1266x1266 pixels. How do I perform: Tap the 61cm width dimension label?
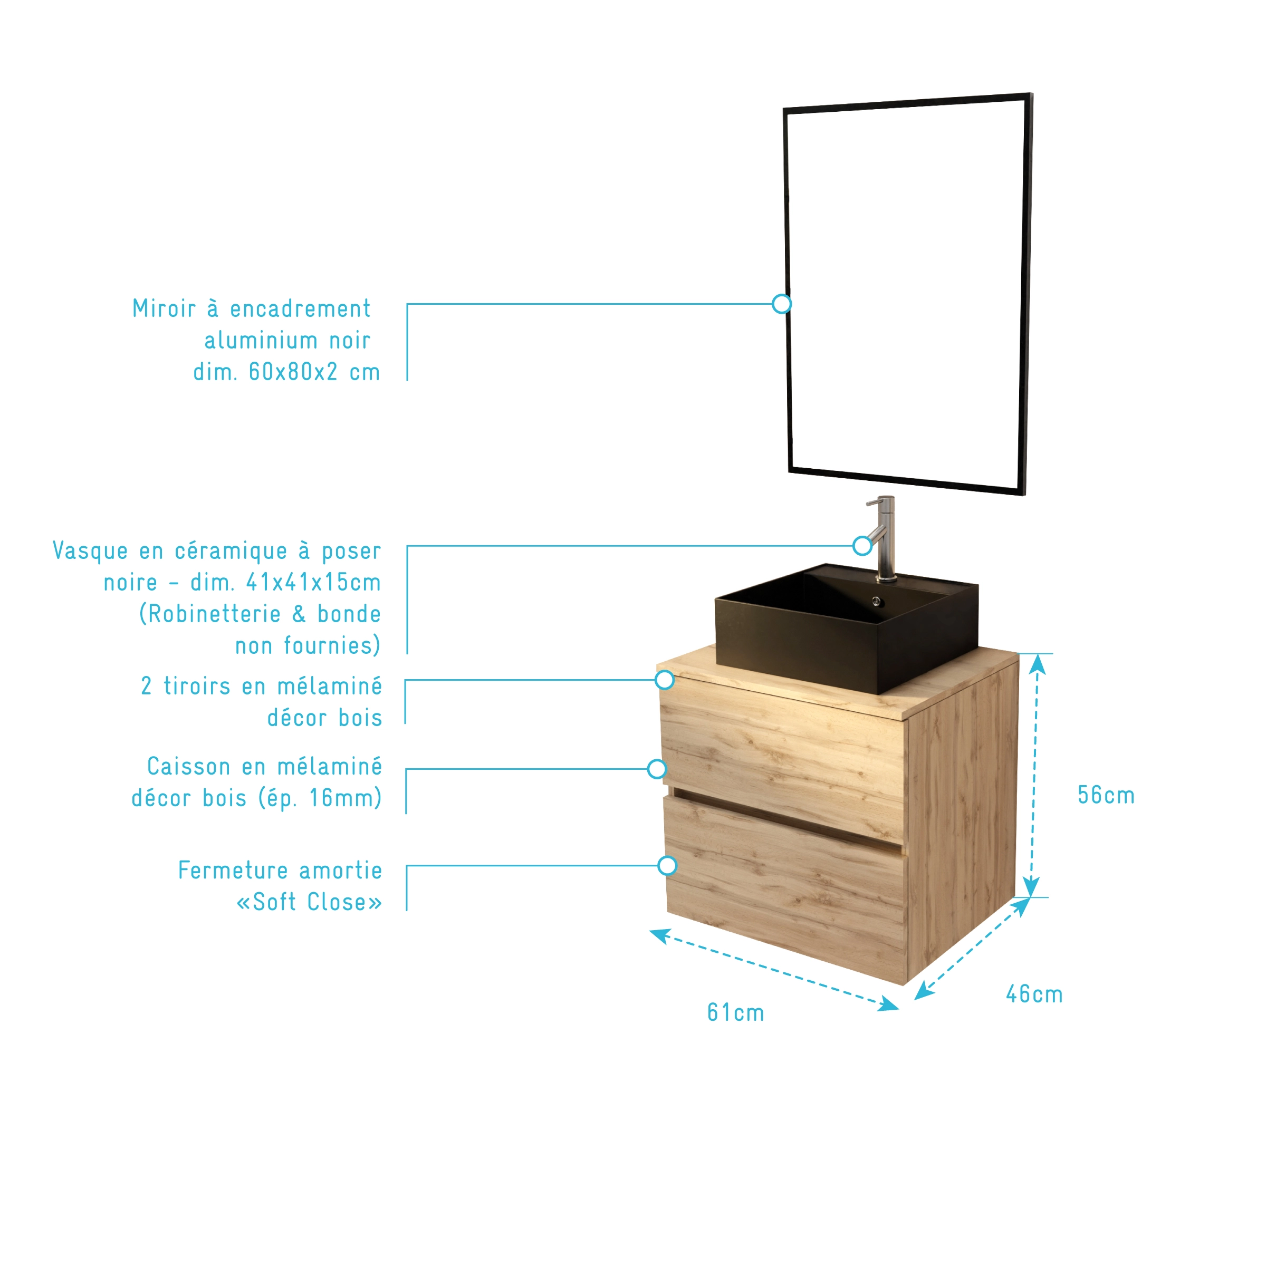[735, 1013]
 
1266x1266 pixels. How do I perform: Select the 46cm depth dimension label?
[1034, 994]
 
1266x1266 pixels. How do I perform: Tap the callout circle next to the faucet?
[862, 545]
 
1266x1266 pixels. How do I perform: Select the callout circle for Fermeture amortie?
[667, 866]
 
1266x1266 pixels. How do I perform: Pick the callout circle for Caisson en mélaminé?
[656, 769]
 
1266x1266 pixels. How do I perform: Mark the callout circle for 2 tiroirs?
[664, 680]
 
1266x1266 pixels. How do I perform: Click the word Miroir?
[164, 308]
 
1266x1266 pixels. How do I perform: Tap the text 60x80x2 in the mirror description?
[293, 372]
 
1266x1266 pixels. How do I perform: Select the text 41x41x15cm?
[313, 582]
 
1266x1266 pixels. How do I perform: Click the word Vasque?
[90, 551]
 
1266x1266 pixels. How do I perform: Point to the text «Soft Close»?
[309, 902]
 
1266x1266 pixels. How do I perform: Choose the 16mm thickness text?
[341, 798]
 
